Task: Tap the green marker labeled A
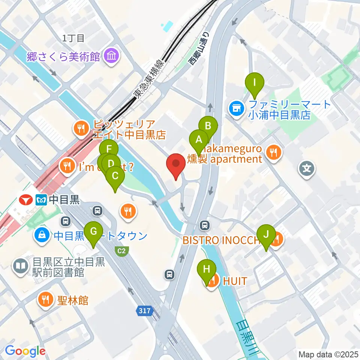(199, 140)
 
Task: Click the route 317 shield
(144, 311)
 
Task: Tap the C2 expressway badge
(123, 250)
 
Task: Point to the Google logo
(25, 351)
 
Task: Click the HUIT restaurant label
(235, 280)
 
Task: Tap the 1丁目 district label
(74, 37)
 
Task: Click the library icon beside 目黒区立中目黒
(20, 267)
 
